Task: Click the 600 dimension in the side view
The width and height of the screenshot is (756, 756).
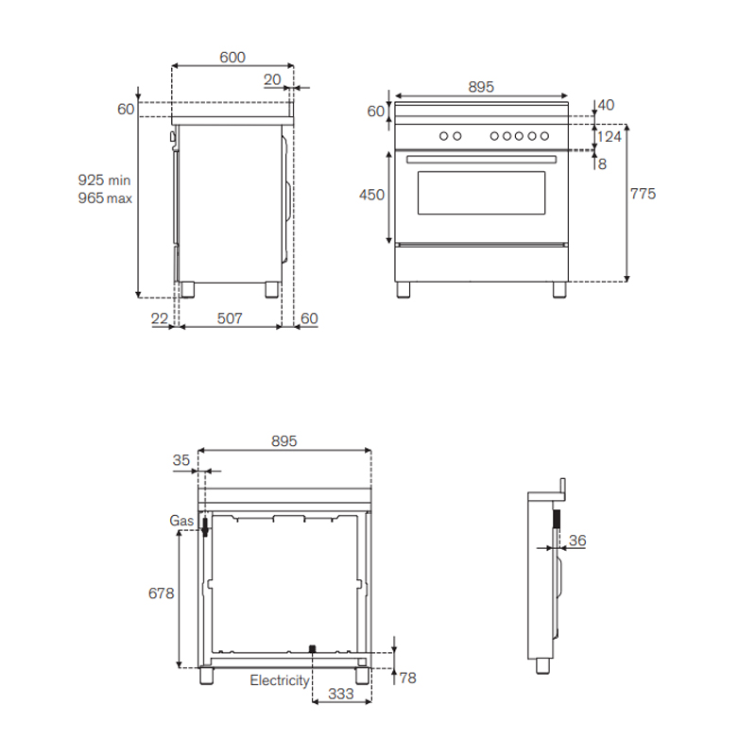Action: [x=232, y=58]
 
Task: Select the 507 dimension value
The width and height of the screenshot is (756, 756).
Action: [x=230, y=318]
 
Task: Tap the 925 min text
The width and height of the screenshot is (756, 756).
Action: [x=104, y=180]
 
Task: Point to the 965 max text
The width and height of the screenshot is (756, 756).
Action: [x=105, y=198]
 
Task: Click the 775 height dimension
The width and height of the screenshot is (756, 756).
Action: [x=644, y=194]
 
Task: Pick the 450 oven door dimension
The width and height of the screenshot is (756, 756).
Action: [x=371, y=195]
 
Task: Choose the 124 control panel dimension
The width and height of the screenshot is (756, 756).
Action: [x=610, y=136]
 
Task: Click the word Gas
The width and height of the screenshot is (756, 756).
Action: [x=181, y=521]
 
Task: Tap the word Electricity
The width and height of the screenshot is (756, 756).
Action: [x=280, y=680]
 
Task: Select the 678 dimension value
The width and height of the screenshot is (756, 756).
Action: [x=161, y=593]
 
